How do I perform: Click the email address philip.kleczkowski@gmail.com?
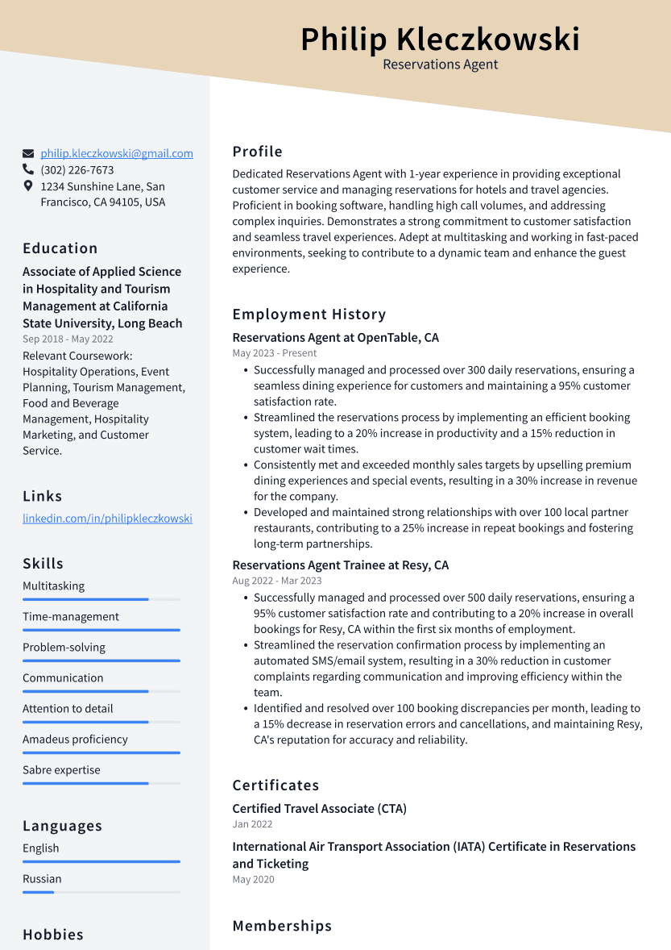click(117, 153)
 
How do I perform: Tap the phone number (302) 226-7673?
click(77, 170)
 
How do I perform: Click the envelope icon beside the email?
click(28, 153)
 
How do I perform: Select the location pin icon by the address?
click(28, 186)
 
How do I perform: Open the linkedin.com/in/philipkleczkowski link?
click(107, 519)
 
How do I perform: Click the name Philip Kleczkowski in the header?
click(440, 40)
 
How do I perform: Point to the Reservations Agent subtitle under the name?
click(440, 65)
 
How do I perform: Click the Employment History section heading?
click(309, 315)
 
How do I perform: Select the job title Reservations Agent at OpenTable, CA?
click(335, 338)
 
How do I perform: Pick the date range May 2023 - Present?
click(274, 353)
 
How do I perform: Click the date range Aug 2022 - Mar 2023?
click(276, 581)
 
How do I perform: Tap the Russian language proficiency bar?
click(101, 892)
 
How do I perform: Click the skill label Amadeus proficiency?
click(75, 740)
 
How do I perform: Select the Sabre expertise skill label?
click(61, 770)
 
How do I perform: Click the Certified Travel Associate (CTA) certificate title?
click(319, 809)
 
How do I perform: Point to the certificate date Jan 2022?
click(252, 824)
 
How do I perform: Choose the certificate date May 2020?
click(253, 880)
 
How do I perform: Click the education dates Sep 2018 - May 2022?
click(68, 340)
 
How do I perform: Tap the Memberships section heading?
click(282, 927)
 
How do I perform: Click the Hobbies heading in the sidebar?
click(53, 935)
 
